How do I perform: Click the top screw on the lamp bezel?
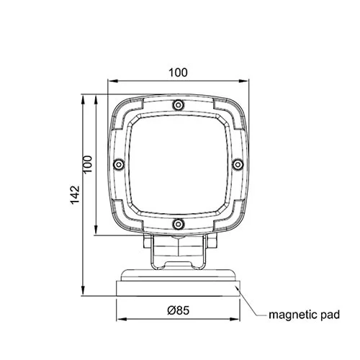178,105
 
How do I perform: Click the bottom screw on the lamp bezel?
178,224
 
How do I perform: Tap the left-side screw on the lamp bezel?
118,165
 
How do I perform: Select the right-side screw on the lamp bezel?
238,165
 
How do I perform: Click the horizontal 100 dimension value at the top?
178,73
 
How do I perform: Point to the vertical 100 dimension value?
88,164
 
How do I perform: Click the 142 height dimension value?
75,194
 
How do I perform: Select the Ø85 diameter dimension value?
179,310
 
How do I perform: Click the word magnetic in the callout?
294,315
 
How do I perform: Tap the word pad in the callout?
330,315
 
